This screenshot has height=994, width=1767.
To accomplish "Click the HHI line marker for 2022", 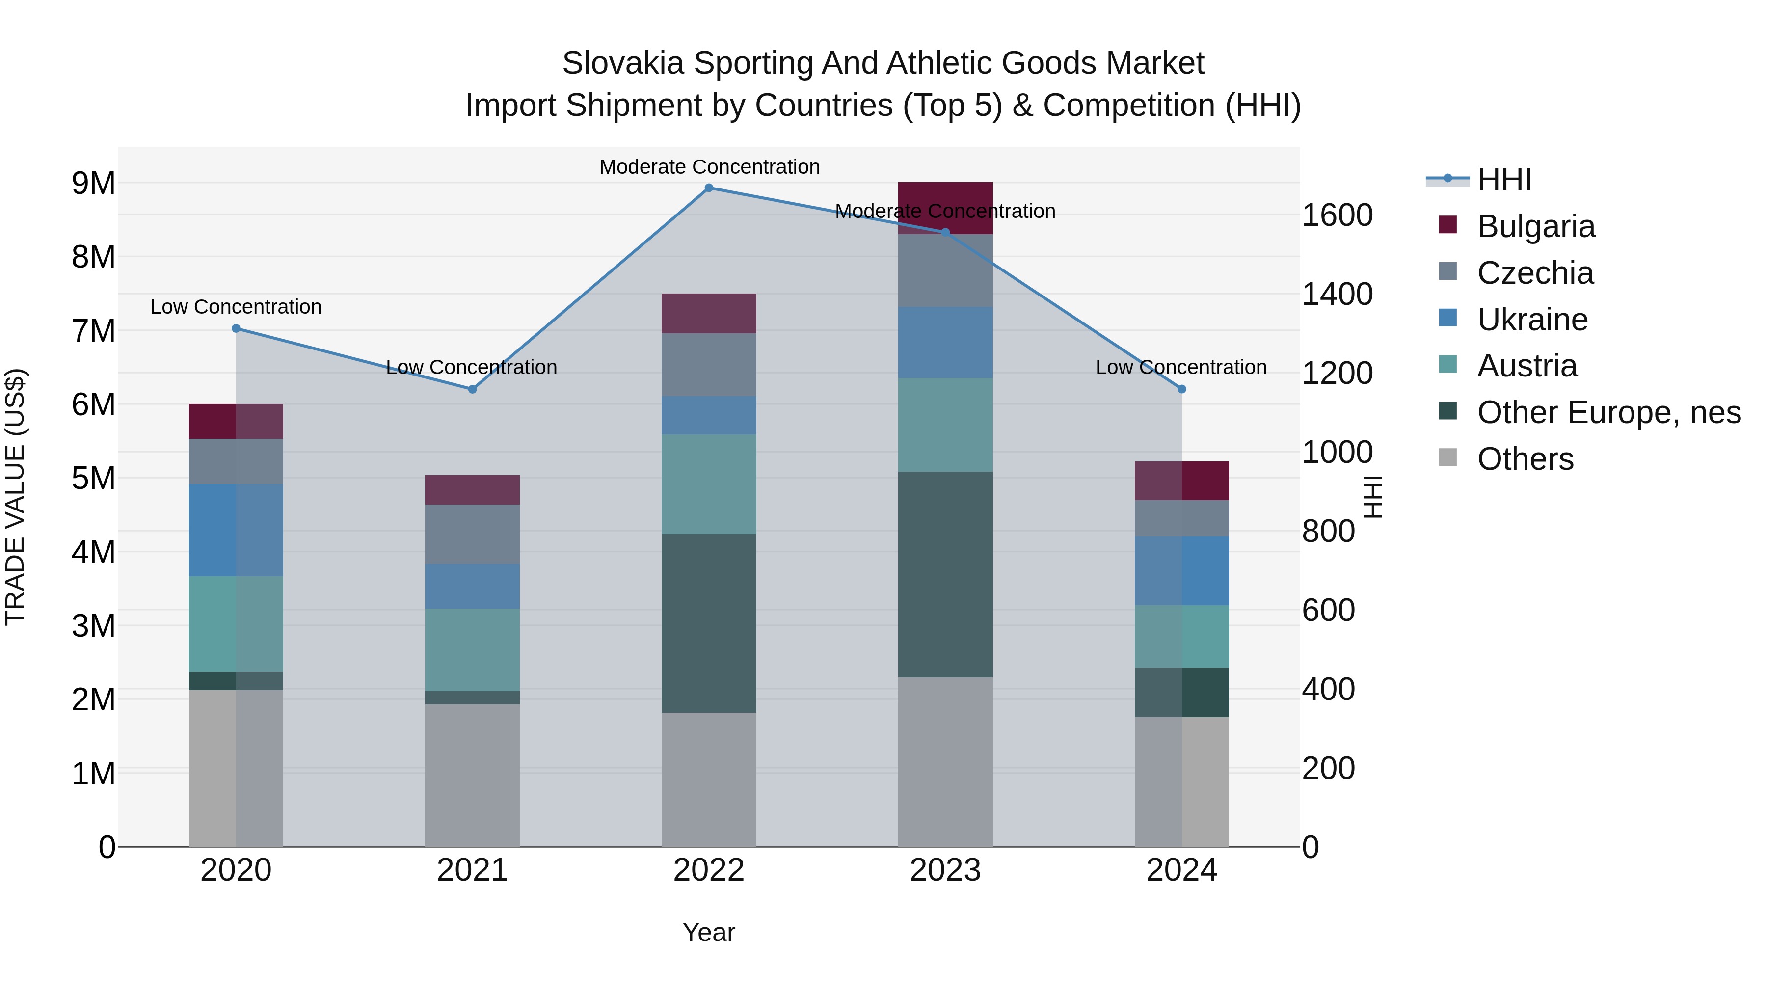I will click(709, 188).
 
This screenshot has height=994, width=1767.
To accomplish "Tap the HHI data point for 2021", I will click(472, 389).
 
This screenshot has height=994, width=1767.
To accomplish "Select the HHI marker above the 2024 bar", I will click(1181, 389).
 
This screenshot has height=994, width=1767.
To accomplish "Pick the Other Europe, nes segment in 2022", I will click(709, 623).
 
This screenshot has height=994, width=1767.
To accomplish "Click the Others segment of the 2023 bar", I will click(945, 761).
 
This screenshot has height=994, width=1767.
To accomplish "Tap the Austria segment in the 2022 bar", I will click(709, 484).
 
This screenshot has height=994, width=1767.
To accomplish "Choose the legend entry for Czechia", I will click(1535, 273).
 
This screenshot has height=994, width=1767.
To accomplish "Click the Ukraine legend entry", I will click(1532, 320).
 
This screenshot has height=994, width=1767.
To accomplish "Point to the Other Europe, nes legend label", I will click(1608, 412).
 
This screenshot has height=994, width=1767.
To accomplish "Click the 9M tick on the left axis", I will click(93, 183).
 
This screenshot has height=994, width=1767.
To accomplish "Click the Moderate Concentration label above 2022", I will click(709, 167).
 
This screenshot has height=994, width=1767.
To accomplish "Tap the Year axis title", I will click(709, 932).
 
